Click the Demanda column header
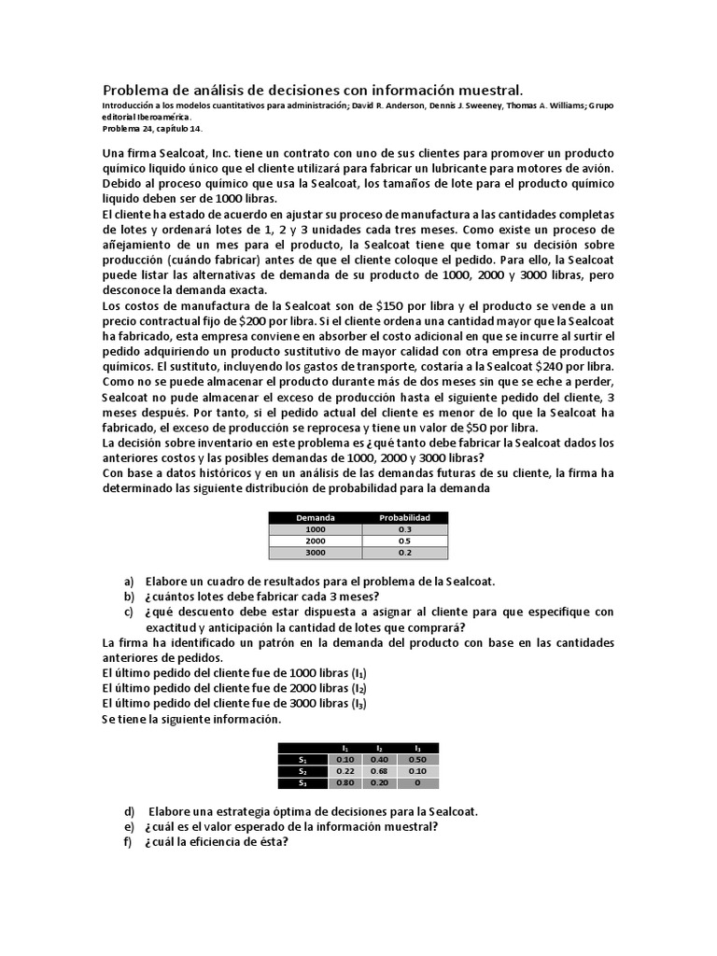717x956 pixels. [315, 517]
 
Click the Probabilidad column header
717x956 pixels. [403, 517]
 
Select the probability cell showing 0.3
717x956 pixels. [403, 529]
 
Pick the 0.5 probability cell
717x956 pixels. [403, 541]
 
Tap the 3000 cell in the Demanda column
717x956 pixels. [315, 553]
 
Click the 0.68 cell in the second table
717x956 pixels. [380, 771]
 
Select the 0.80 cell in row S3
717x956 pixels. [345, 783]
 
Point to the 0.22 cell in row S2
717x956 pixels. [345, 771]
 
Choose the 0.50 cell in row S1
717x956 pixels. [416, 759]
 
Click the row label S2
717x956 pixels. [302, 771]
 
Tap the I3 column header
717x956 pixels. [416, 748]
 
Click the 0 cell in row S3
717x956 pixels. [416, 783]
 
